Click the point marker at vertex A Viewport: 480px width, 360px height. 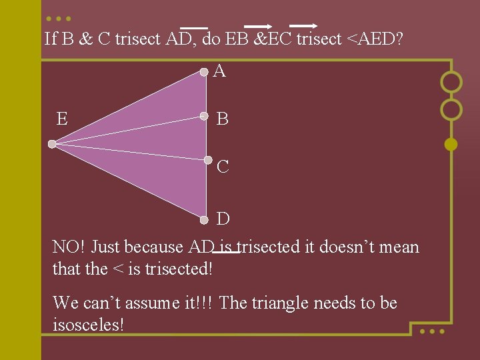pos(204,71)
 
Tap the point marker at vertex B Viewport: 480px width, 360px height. pos(204,116)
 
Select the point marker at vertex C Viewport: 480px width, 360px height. pos(207,161)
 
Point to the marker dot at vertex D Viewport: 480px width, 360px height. pos(205,219)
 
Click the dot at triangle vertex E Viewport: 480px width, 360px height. pos(52,143)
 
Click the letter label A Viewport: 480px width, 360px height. pos(219,71)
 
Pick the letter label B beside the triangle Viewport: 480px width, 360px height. pos(223,119)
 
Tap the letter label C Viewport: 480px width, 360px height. pos(223,167)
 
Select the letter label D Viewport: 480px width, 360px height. pos(223,219)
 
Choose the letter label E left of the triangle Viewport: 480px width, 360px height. pos(62,119)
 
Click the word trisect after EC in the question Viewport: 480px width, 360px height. pos(317,39)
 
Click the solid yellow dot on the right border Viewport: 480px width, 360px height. pos(451,143)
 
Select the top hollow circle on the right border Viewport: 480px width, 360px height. pos(451,82)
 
